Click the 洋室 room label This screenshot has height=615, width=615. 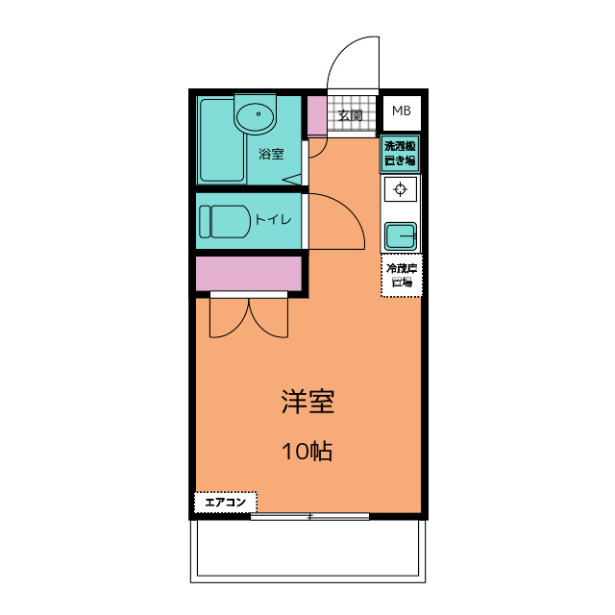coord(307,402)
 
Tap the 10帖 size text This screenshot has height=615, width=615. coord(307,451)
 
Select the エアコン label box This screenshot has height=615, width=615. coord(226,502)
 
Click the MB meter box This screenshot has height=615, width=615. coord(401,111)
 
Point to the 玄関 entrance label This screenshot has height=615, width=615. coord(350,116)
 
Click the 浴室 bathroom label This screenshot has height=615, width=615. coord(271,154)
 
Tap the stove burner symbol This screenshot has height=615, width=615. coord(401,188)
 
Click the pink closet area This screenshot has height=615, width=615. coord(250,274)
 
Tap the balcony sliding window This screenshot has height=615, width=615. coord(309,517)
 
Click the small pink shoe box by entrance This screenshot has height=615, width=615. coord(316,116)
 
